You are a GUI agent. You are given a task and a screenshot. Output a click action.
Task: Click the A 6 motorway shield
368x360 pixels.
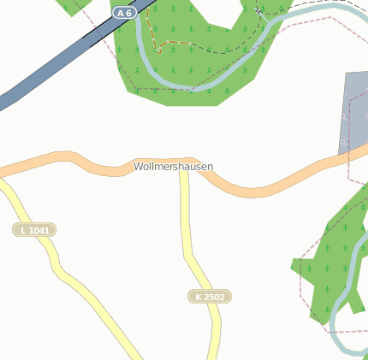124,12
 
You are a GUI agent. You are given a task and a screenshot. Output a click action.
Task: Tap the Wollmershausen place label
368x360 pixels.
174,166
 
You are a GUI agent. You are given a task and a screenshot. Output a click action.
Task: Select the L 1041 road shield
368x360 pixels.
34,230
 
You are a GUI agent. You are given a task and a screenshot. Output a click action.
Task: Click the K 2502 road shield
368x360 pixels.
210,297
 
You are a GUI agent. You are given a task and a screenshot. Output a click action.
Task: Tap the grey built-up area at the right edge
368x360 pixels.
356,103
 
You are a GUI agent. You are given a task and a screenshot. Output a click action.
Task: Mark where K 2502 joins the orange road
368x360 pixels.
184,162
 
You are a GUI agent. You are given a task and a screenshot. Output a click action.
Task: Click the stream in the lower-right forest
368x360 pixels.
352,282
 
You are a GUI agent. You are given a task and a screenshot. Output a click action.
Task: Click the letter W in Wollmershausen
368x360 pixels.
138,166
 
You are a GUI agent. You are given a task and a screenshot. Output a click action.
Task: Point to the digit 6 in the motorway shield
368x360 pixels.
129,12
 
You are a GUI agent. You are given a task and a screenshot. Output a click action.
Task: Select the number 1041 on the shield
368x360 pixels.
39,230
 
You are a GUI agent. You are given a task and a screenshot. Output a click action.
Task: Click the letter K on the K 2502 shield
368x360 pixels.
199,297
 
